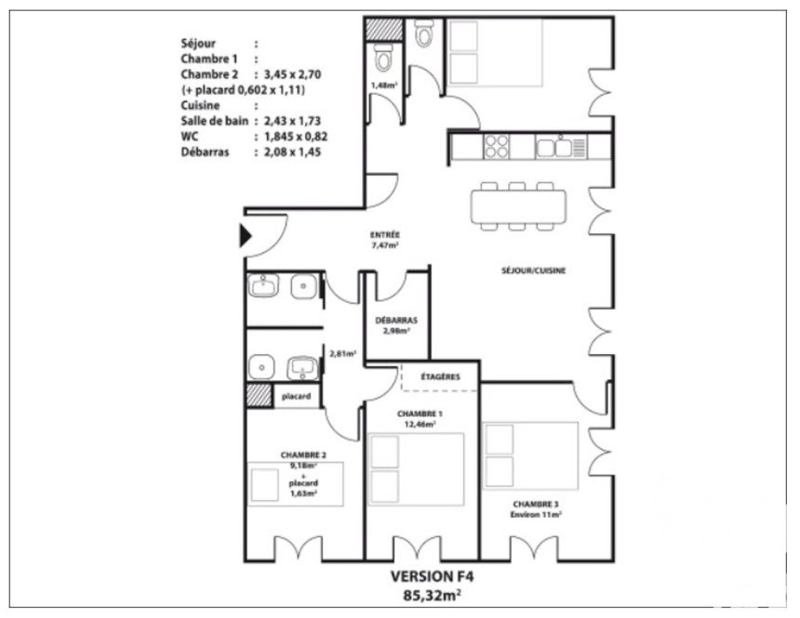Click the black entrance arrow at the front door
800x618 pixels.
point(246,235)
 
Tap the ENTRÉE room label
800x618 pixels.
point(385,235)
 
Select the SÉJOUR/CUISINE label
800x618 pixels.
point(533,270)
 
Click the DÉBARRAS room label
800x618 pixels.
point(396,321)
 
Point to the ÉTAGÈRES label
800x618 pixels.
point(440,376)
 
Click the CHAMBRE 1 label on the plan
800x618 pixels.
point(420,414)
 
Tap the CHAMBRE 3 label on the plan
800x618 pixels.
point(536,504)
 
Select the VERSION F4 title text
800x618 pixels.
point(433,576)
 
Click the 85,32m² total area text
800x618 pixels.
point(433,595)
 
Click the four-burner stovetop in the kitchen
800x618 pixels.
point(497,147)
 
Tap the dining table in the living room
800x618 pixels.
point(518,206)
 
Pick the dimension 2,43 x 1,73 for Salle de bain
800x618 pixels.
point(292,122)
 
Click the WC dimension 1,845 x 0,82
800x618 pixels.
point(296,137)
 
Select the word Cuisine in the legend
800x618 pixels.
point(201,106)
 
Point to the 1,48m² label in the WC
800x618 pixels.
point(384,85)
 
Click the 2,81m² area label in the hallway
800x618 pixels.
point(343,353)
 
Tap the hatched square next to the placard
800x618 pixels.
point(260,395)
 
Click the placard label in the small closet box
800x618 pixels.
point(296,396)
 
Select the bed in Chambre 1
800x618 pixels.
point(417,469)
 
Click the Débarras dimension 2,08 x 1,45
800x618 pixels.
point(292,152)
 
